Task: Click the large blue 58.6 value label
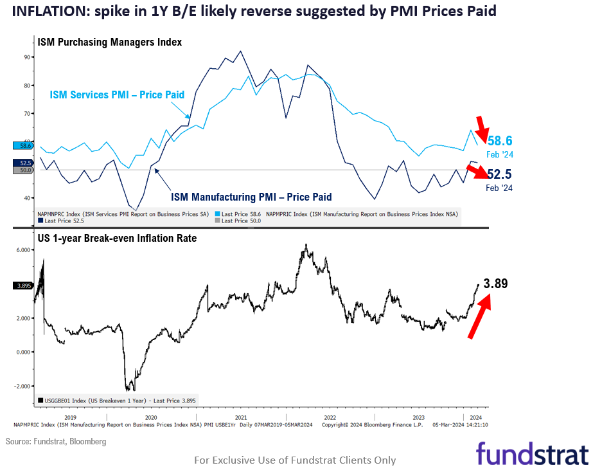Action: (500, 141)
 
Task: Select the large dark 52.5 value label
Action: (499, 174)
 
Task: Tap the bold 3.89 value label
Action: (495, 284)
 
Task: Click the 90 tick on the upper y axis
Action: (28, 57)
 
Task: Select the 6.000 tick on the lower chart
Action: (24, 250)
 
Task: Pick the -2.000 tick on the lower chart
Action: (24, 386)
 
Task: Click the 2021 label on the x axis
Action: (242, 417)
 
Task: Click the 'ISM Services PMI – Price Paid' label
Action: (117, 95)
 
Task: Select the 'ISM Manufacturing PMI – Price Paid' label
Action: (251, 197)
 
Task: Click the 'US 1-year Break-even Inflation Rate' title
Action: (117, 238)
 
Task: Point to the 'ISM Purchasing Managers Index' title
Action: (110, 42)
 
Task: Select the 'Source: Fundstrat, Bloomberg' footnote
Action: (56, 442)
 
